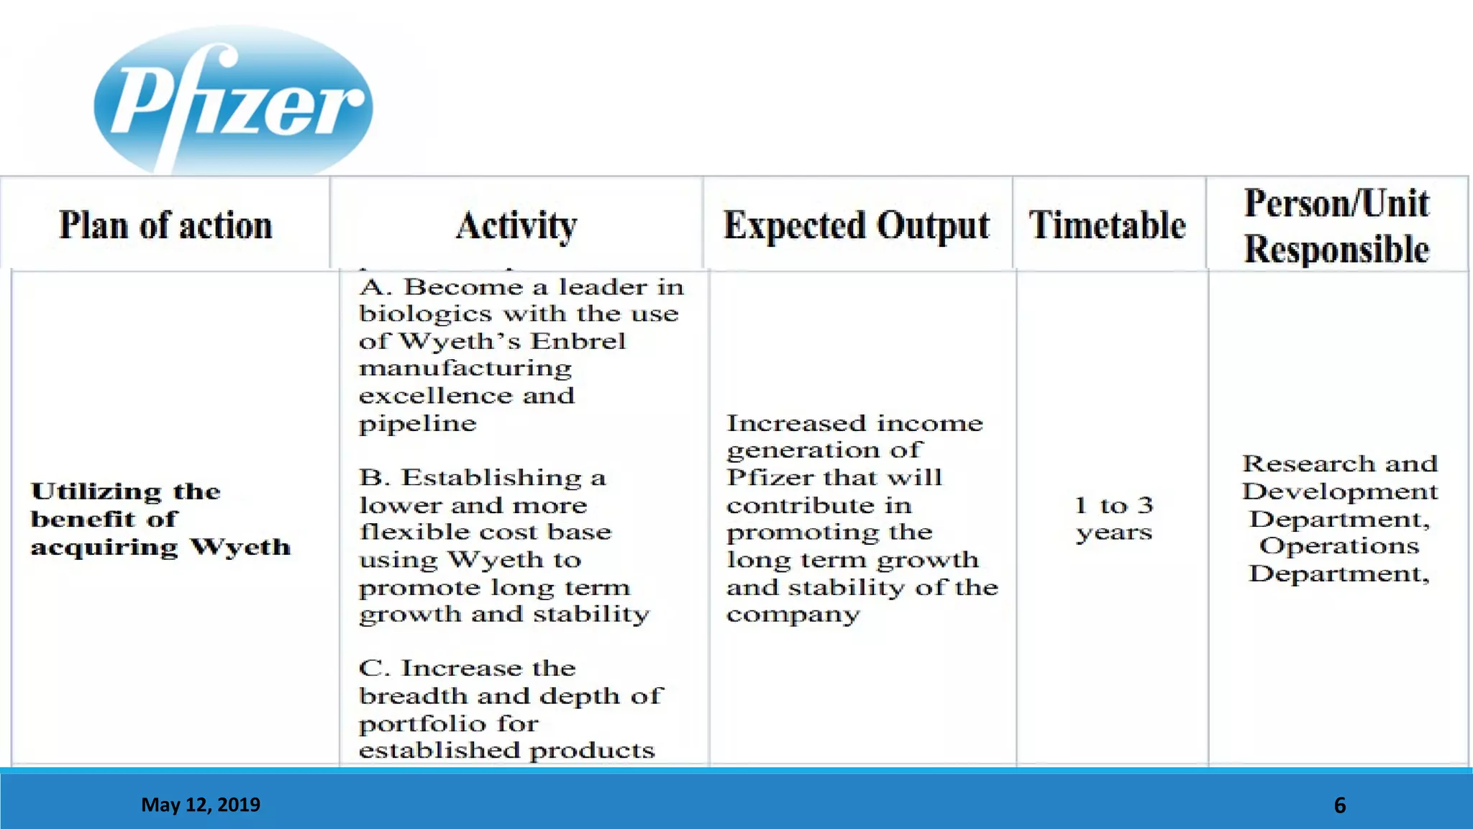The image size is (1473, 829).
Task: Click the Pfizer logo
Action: [x=233, y=101]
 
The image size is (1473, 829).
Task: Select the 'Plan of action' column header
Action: [x=165, y=225]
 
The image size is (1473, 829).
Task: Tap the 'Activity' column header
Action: [x=516, y=225]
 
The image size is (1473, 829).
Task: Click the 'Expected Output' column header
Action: [x=856, y=225]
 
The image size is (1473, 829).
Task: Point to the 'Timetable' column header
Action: [x=1107, y=225]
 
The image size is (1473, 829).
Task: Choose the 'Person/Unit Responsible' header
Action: [x=1336, y=226]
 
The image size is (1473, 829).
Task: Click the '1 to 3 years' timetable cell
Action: [x=1113, y=518]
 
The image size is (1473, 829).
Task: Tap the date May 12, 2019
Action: [x=201, y=805]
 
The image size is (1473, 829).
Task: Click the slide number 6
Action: [x=1339, y=805]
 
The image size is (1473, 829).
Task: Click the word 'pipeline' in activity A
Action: [x=417, y=424]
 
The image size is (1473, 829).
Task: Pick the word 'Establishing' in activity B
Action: [x=492, y=477]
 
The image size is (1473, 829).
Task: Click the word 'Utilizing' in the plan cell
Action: [x=96, y=491]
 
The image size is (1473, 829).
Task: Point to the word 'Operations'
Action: [x=1339, y=545]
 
